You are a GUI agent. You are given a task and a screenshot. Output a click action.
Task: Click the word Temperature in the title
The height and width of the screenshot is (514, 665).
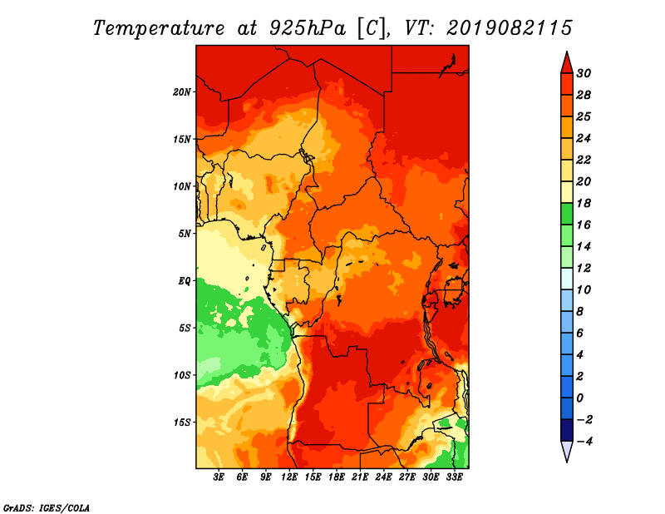click(x=159, y=28)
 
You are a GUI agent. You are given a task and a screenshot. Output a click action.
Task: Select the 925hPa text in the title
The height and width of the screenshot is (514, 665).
click(x=307, y=28)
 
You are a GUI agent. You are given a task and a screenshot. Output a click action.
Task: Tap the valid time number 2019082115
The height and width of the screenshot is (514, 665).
click(x=510, y=28)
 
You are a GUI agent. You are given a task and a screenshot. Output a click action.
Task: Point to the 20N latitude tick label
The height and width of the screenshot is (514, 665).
click(x=182, y=91)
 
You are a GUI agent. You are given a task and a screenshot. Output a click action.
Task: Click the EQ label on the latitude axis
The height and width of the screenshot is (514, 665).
click(x=185, y=281)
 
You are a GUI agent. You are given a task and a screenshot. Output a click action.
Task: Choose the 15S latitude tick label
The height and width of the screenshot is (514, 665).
click(x=182, y=423)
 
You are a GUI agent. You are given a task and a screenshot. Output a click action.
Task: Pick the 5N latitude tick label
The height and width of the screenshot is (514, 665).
click(x=185, y=234)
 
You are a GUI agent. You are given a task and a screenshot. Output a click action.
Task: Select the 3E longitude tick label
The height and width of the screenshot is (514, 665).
click(x=219, y=477)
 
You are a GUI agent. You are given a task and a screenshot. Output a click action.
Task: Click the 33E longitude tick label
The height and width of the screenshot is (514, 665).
click(x=454, y=477)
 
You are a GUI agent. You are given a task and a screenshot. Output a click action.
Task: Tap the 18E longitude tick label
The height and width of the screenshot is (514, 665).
click(x=337, y=477)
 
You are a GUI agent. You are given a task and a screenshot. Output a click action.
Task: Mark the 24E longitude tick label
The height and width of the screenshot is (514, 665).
click(x=383, y=477)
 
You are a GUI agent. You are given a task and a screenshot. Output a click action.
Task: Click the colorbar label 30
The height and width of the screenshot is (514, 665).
click(x=584, y=73)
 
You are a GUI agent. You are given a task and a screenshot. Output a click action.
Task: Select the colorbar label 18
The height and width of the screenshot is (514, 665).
click(x=584, y=203)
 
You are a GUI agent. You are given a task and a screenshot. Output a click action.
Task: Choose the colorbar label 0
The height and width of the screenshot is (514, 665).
click(x=580, y=398)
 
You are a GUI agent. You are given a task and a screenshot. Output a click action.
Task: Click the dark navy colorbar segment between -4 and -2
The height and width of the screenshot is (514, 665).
click(x=567, y=430)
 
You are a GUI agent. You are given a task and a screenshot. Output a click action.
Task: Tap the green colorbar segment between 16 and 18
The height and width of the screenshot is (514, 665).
click(x=567, y=214)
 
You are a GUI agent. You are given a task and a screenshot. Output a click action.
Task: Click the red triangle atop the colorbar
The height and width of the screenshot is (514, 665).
click(x=567, y=63)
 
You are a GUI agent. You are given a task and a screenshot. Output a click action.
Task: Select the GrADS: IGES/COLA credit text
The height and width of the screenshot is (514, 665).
click(x=47, y=508)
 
